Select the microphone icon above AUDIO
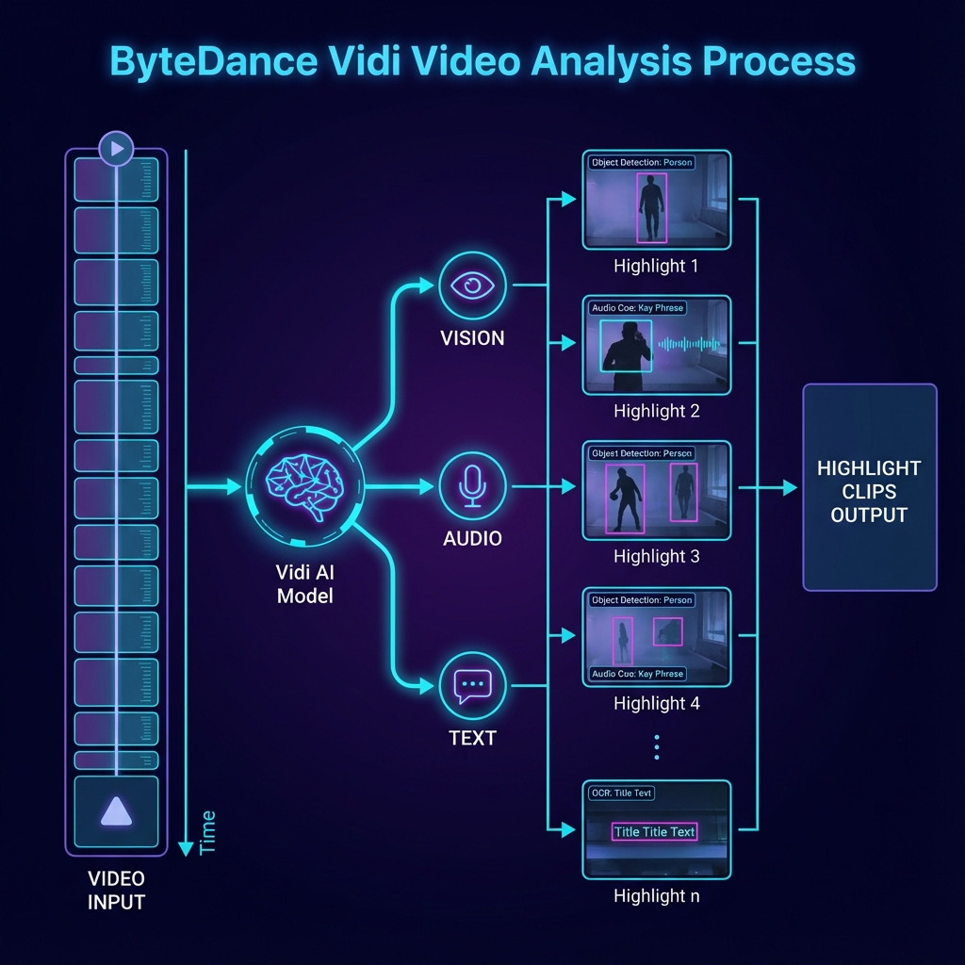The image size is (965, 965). pos(472,485)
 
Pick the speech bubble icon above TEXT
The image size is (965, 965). pos(472,685)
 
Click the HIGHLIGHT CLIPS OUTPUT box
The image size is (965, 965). pos(869,488)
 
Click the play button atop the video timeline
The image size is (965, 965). pos(117,149)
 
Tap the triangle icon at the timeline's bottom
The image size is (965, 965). pos(116,810)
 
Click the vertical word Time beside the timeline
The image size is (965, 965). pos(207,832)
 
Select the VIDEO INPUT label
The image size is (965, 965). pos(116,890)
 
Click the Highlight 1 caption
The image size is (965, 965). pos(656,266)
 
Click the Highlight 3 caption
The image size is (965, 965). pos(656,556)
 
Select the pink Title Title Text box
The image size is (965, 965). pos(654,832)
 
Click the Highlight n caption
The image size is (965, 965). pos(656,895)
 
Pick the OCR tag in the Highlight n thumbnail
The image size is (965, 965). pos(621,793)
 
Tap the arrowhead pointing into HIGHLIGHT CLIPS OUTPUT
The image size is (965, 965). pos(790,488)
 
